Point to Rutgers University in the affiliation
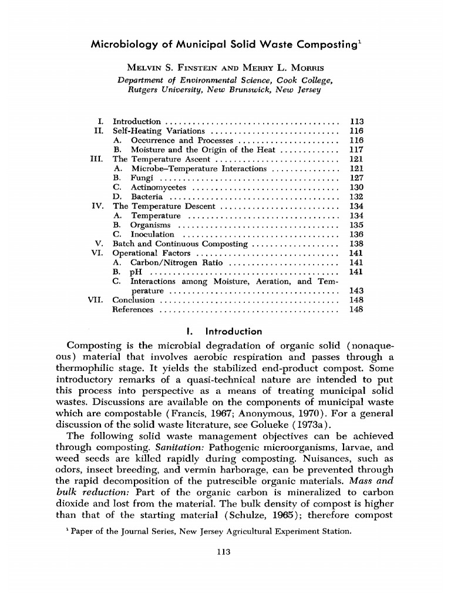pos(170,90)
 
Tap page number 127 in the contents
pos(356,178)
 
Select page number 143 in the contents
pos(356,291)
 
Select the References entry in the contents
pos(133,309)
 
